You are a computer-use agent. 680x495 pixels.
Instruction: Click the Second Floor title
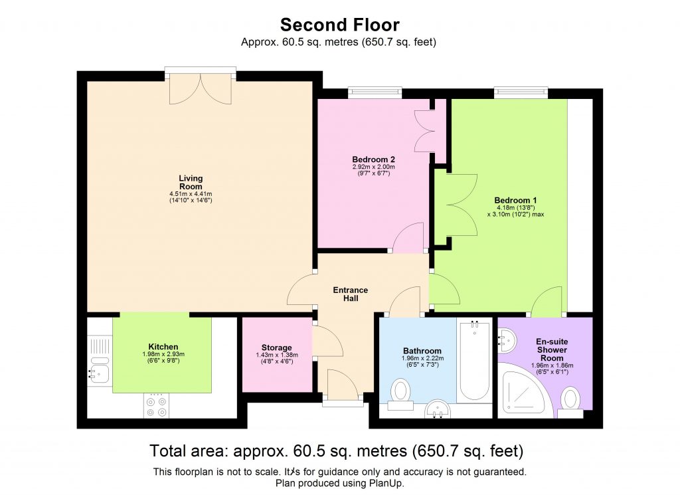(x=339, y=25)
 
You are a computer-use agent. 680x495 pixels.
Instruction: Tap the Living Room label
(x=191, y=182)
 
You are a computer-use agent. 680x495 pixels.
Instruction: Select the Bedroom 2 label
(x=373, y=159)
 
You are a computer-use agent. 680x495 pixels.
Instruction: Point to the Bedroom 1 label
(x=515, y=200)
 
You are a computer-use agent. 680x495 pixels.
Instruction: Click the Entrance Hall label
(x=350, y=294)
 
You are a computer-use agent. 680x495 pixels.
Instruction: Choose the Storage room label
(x=276, y=347)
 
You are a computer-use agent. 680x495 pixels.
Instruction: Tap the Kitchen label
(x=163, y=347)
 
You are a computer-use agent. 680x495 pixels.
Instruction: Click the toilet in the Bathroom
(x=400, y=391)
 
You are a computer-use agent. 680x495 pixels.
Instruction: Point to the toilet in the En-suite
(x=570, y=401)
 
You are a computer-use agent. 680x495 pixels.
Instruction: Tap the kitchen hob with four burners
(x=157, y=406)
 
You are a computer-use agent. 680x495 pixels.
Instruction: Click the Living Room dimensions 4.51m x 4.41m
(x=191, y=194)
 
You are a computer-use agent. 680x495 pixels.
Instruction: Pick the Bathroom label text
(x=422, y=351)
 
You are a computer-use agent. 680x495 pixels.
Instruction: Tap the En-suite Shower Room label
(x=551, y=349)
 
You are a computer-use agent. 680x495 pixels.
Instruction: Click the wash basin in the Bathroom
(x=438, y=409)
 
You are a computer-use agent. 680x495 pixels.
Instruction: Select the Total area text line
(x=337, y=451)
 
